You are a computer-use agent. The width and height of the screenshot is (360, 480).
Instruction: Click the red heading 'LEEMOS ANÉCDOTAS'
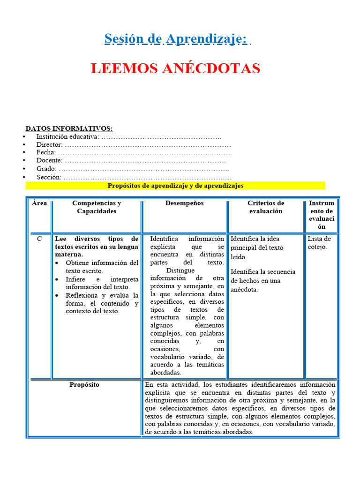pyautogui.click(x=175, y=68)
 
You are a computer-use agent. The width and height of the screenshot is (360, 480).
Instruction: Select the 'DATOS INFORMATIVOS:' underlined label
pyautogui.click(x=69, y=128)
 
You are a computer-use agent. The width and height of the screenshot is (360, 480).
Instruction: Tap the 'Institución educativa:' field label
pyautogui.click(x=67, y=136)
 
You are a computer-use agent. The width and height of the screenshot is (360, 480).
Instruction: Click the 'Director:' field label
pyautogui.click(x=49, y=144)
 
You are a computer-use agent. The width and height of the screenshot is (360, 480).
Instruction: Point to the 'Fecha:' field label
pyautogui.click(x=46, y=152)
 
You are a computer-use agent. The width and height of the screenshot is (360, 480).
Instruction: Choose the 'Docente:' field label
pyautogui.click(x=49, y=160)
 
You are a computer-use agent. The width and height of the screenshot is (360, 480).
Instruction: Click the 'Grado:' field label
pyautogui.click(x=46, y=169)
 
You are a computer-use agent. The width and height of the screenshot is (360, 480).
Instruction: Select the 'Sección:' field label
pyautogui.click(x=49, y=177)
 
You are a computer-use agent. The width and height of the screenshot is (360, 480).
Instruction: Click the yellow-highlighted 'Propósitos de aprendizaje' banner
pyautogui.click(x=175, y=186)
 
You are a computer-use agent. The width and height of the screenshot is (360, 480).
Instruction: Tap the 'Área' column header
pyautogui.click(x=39, y=203)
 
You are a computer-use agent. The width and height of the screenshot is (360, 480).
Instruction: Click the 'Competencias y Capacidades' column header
pyautogui.click(x=97, y=207)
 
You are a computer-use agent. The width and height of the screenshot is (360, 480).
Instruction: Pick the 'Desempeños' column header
pyautogui.click(x=184, y=203)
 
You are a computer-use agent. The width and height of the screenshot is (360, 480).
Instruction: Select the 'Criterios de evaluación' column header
pyautogui.click(x=266, y=207)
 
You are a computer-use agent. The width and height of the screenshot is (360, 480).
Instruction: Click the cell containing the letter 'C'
pyautogui.click(x=39, y=239)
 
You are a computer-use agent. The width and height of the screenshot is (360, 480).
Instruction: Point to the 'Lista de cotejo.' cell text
pyautogui.click(x=319, y=243)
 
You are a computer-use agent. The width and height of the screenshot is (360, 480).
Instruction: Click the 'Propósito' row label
pyautogui.click(x=84, y=384)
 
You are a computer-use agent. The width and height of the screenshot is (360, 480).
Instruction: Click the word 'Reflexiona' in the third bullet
pyautogui.click(x=82, y=295)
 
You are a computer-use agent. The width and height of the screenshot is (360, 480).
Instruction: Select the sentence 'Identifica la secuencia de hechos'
pyautogui.click(x=262, y=276)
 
